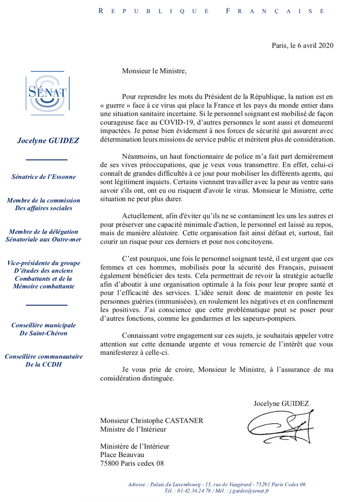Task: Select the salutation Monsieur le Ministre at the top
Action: pyautogui.click(x=154, y=71)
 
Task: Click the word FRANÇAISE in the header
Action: pyautogui.click(x=275, y=11)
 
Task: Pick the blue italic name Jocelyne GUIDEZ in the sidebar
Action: pyautogui.click(x=48, y=140)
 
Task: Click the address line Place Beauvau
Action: pyautogui.click(x=122, y=455)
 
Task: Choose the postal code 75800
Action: pyautogui.click(x=109, y=463)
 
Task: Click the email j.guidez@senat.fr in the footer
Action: pyautogui.click(x=249, y=491)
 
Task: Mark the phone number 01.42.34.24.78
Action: pyautogui.click(x=194, y=491)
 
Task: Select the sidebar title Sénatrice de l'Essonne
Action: pyautogui.click(x=43, y=177)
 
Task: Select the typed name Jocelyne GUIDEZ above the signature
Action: pyautogui.click(x=281, y=404)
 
